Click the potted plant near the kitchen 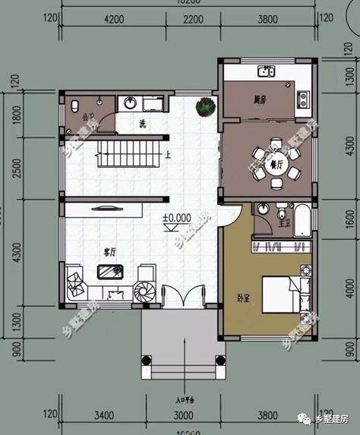click(x=204, y=107)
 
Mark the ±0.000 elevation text click(x=176, y=218)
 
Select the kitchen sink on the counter click(x=265, y=73)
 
